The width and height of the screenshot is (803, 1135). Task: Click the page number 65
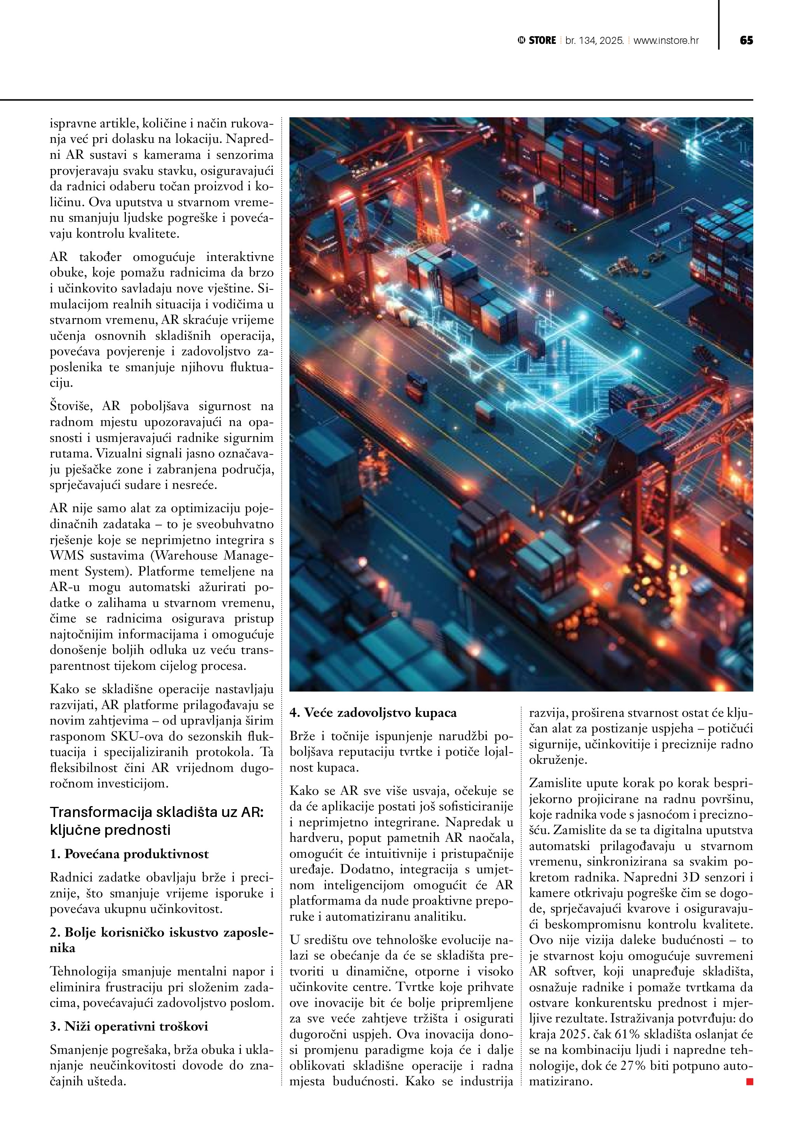tap(746, 40)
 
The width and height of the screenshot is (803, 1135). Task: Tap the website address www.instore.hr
tap(666, 40)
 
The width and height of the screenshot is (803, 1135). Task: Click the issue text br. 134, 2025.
tap(594, 40)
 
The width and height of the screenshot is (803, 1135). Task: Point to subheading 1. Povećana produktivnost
tap(129, 854)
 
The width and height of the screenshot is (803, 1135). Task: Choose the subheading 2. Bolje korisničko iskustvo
tap(161, 932)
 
